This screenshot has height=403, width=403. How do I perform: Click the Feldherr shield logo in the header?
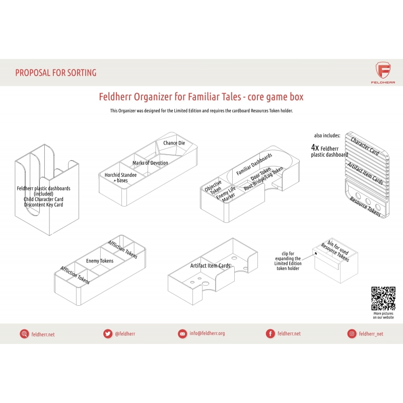[383, 70]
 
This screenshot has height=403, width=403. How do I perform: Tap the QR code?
[383, 298]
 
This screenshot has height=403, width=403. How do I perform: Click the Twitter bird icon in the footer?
[108, 333]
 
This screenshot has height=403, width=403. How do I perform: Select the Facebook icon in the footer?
[270, 333]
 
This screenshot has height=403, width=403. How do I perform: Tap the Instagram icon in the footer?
[352, 333]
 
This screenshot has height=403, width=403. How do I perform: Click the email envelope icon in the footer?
[182, 334]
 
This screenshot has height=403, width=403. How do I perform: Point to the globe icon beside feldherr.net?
[24, 334]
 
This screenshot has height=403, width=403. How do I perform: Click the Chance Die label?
[174, 143]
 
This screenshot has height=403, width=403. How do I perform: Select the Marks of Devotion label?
[150, 163]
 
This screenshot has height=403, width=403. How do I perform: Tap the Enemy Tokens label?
[100, 261]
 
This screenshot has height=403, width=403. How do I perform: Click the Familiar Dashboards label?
[254, 164]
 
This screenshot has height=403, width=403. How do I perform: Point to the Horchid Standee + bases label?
[120, 178]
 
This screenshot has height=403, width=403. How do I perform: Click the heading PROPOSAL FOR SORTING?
[56, 73]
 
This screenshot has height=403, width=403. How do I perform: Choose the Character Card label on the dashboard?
[365, 146]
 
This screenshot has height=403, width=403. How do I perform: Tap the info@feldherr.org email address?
[207, 333]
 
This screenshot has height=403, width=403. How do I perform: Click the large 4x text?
[315, 148]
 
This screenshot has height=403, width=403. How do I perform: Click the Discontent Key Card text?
[43, 205]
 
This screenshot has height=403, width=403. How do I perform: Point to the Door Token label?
[260, 174]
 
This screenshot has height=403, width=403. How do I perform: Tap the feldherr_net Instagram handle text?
[371, 334]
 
